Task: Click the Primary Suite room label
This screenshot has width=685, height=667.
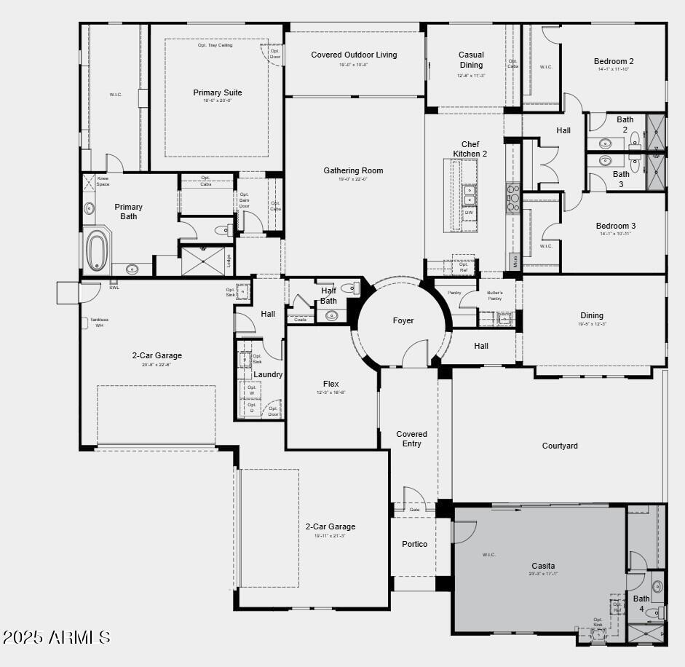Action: click(x=217, y=92)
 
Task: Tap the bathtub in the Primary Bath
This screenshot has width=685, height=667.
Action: click(x=97, y=250)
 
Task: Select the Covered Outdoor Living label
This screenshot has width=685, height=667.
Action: click(x=354, y=55)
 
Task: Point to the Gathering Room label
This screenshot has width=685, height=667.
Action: click(x=353, y=170)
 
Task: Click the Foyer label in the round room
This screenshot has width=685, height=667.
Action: click(x=403, y=320)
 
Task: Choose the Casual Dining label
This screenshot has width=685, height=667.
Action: click(x=471, y=60)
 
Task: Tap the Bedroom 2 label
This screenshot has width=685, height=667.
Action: click(x=614, y=61)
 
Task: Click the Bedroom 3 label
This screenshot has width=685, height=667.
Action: click(x=615, y=226)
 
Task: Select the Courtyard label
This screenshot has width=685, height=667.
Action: click(x=560, y=446)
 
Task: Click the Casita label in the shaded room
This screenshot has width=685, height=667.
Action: click(x=543, y=566)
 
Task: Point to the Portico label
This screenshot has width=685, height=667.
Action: click(x=415, y=544)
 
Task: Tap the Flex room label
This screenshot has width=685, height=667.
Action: click(x=330, y=384)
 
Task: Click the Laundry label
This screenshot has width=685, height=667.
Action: click(x=268, y=374)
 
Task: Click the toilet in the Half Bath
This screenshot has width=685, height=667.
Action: click(x=349, y=288)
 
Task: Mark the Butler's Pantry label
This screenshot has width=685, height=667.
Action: click(x=495, y=296)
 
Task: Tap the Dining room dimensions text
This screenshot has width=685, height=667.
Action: click(x=592, y=324)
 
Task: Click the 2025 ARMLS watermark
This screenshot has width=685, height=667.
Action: click(x=56, y=638)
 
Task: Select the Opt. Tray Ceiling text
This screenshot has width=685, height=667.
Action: click(x=216, y=45)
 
